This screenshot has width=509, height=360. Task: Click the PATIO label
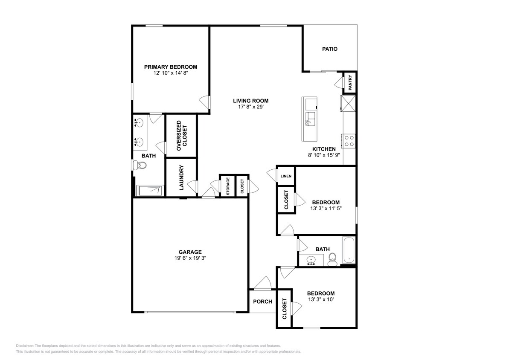click(329, 49)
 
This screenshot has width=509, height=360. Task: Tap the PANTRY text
click(350, 83)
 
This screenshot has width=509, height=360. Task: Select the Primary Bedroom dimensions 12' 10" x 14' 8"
click(171, 73)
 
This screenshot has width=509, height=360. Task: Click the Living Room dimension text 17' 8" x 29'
click(250, 107)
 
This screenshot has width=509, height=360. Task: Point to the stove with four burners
click(349, 141)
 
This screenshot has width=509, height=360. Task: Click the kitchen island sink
click(310, 119)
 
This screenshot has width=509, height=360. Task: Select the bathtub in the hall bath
click(349, 250)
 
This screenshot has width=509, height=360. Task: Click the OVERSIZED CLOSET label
click(181, 136)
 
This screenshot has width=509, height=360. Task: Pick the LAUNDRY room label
click(181, 177)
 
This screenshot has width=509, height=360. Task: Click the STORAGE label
click(228, 186)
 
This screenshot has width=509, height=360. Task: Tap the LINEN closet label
click(286, 176)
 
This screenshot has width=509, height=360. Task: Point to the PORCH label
click(263, 302)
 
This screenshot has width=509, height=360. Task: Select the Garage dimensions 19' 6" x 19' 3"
click(190, 258)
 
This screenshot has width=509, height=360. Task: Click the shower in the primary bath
click(150, 191)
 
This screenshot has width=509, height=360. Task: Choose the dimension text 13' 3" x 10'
click(321, 299)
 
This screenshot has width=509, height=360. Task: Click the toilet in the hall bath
click(332, 259)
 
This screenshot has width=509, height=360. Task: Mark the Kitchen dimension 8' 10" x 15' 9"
click(324, 155)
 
